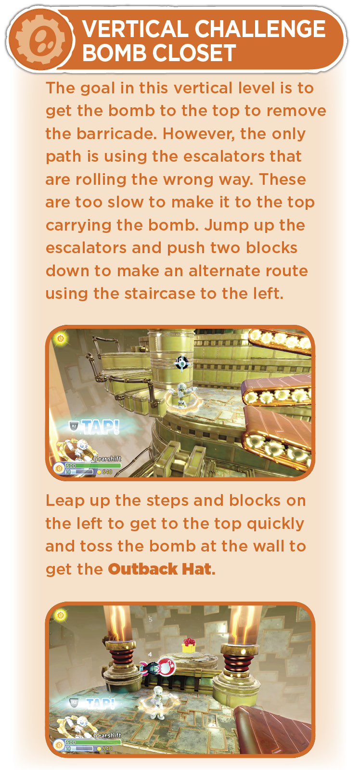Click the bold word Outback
[142, 569]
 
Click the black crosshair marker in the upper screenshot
[181, 363]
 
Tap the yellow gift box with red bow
[189, 645]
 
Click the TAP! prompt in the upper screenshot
[100, 427]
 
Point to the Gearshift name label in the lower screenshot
[107, 735]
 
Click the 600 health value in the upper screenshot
[71, 465]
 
